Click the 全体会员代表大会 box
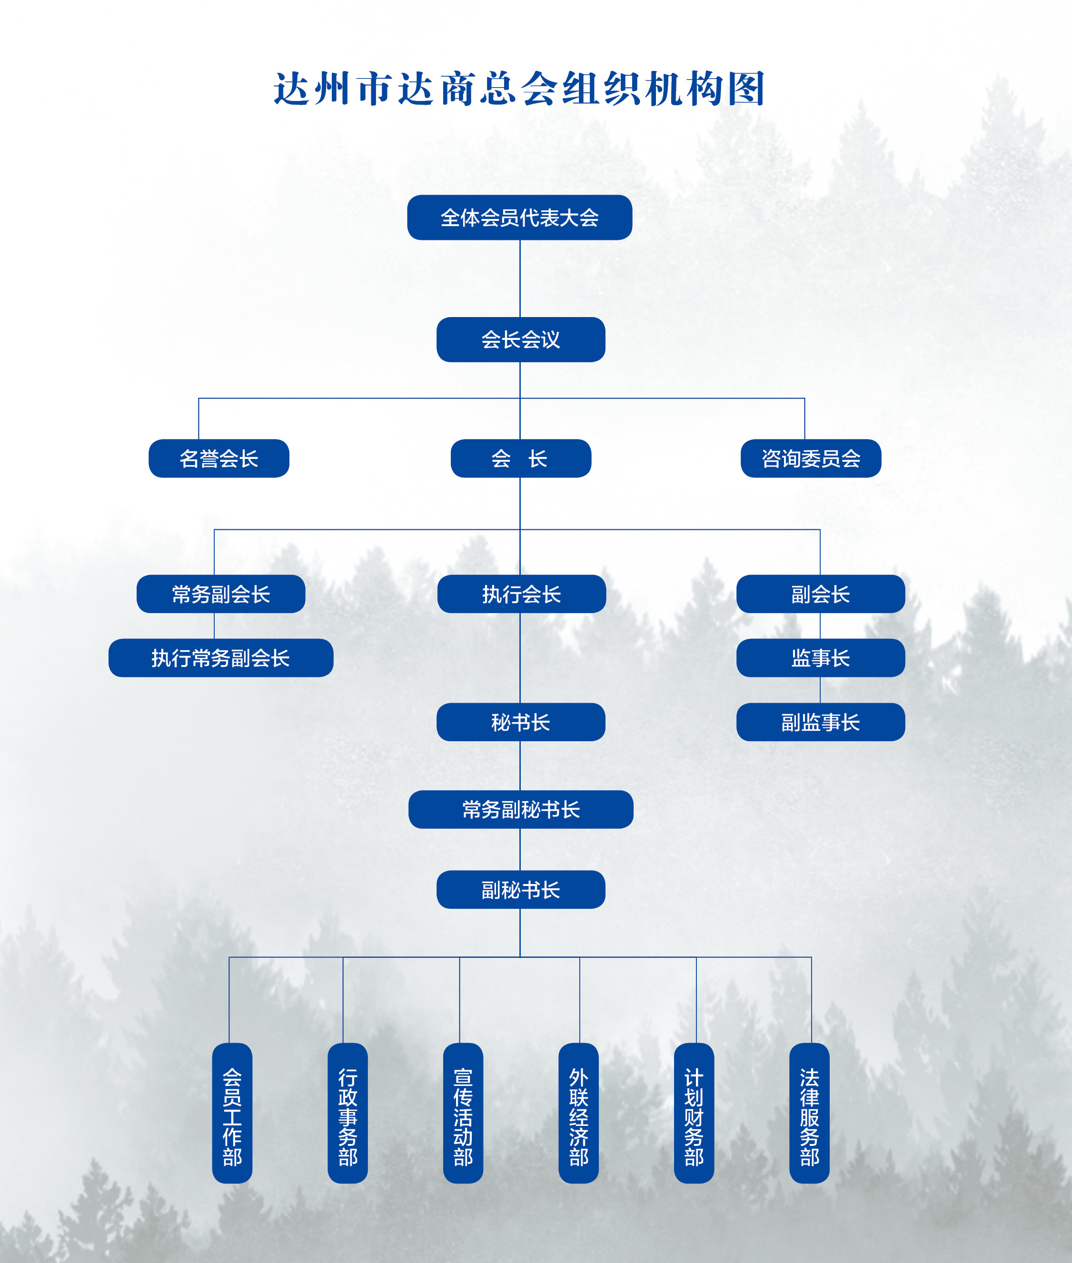pyautogui.click(x=520, y=218)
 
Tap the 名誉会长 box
pyautogui.click(x=219, y=458)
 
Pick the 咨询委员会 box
pyautogui.click(x=811, y=458)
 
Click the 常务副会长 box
pyautogui.click(x=220, y=594)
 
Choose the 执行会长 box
pyautogui.click(x=521, y=594)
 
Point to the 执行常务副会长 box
pyautogui.click(x=220, y=657)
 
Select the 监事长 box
pyautogui.click(x=820, y=657)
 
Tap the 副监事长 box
pyautogui.click(x=820, y=722)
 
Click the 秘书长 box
pyautogui.click(x=521, y=722)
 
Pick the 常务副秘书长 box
pyautogui.click(x=521, y=809)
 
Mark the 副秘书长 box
pyautogui.click(x=521, y=890)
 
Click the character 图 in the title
pyautogui.click(x=747, y=89)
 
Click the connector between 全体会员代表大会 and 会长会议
pyautogui.click(x=520, y=278)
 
